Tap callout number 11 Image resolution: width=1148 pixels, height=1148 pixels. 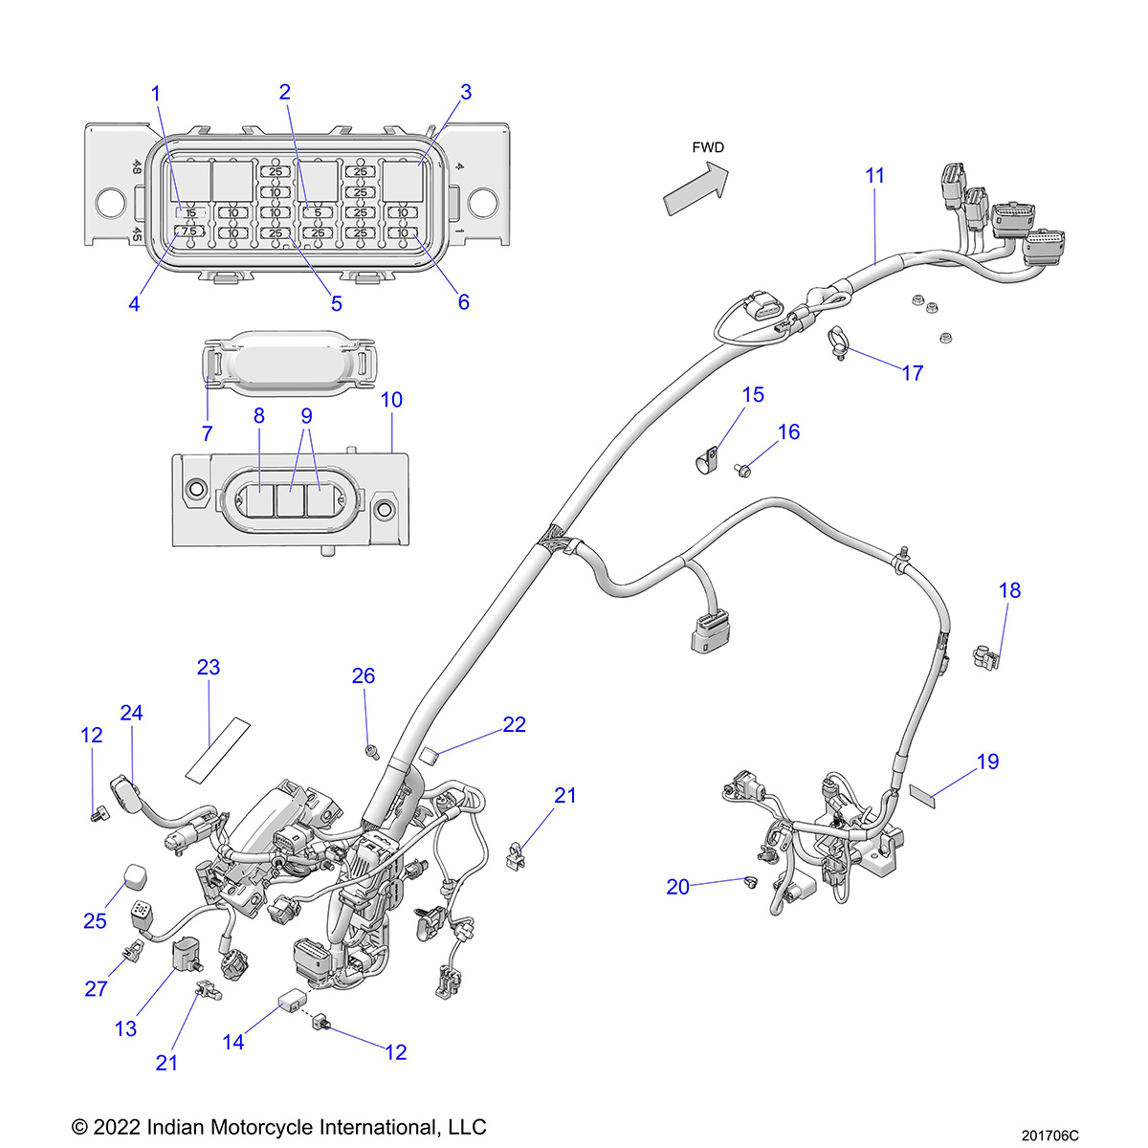(875, 176)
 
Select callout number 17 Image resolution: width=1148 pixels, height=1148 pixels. (913, 373)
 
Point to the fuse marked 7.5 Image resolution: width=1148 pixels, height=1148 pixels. (188, 232)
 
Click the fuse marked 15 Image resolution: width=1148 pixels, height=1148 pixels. (189, 212)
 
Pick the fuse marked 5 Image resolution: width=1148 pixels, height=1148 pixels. (318, 212)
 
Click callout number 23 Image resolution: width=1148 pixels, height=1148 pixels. (209, 667)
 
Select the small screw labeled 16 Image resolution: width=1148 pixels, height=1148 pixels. (743, 468)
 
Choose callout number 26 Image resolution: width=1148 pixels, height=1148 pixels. (364, 676)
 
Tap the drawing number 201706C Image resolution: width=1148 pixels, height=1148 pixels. (1049, 1136)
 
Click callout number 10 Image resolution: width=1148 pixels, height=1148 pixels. (392, 400)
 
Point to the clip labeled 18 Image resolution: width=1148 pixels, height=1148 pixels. (985, 658)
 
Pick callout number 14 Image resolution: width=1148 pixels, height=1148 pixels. (233, 1042)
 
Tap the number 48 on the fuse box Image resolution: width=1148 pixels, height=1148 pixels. (137, 167)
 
